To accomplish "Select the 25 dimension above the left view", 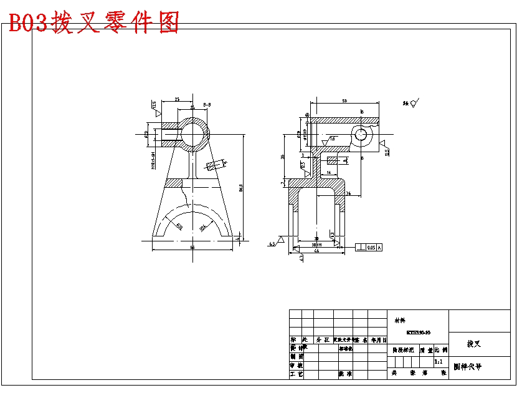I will [178, 99].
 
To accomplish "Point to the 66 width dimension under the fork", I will [192, 248].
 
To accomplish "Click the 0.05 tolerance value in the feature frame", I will [371, 248].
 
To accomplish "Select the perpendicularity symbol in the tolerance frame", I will [361, 248].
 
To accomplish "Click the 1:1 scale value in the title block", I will [438, 362].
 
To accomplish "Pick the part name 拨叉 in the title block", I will [474, 344].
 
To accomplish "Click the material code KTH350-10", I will [418, 333].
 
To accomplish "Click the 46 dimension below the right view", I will [316, 251].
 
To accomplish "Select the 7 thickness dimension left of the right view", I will [282, 183].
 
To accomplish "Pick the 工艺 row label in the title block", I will [296, 374].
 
